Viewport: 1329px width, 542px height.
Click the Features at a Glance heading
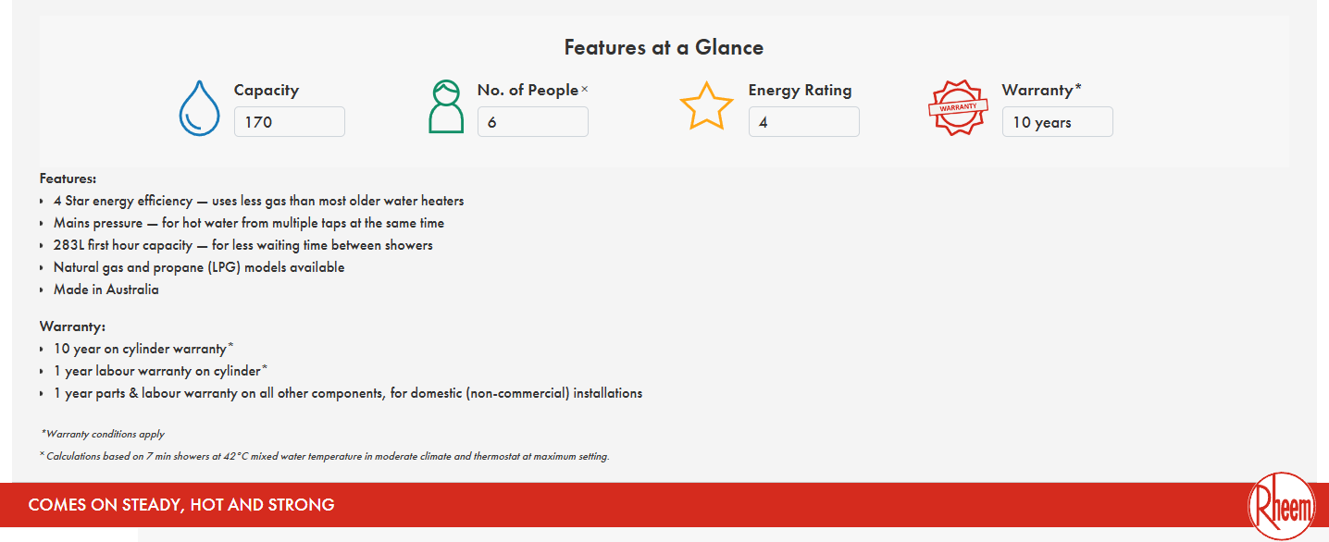pos(664,47)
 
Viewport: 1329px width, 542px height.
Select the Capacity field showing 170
pos(290,121)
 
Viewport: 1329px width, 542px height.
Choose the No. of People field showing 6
pos(533,121)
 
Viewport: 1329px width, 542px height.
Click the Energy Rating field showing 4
pos(804,121)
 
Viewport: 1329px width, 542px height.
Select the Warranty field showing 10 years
pos(1058,121)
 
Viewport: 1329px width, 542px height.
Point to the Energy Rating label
pos(800,90)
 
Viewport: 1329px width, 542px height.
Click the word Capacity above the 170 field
pos(267,90)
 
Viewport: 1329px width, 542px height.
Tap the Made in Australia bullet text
pos(106,289)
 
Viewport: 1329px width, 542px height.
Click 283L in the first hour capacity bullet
pos(68,245)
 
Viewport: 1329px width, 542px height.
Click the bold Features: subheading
pos(68,179)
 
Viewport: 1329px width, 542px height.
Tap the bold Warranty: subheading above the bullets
pos(72,326)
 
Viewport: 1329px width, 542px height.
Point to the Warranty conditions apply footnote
pos(103,434)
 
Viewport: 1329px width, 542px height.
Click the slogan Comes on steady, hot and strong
pos(181,505)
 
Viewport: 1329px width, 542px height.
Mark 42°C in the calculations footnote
pos(236,456)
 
